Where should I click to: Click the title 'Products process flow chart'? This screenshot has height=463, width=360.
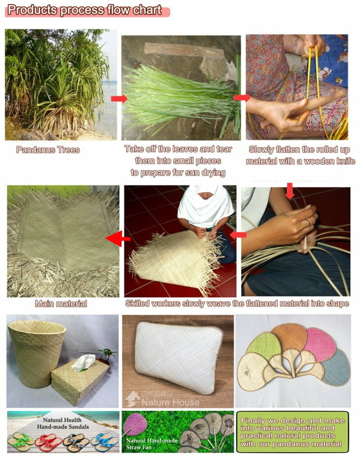(x=85, y=10)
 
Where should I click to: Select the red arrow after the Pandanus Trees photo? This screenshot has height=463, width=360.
(x=118, y=99)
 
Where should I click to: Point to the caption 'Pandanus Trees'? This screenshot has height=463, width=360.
(x=48, y=150)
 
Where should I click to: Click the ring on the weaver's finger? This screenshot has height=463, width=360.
(x=308, y=222)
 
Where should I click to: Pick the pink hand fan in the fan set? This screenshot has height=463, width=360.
(x=320, y=344)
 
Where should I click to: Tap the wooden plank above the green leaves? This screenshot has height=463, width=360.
(x=185, y=50)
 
